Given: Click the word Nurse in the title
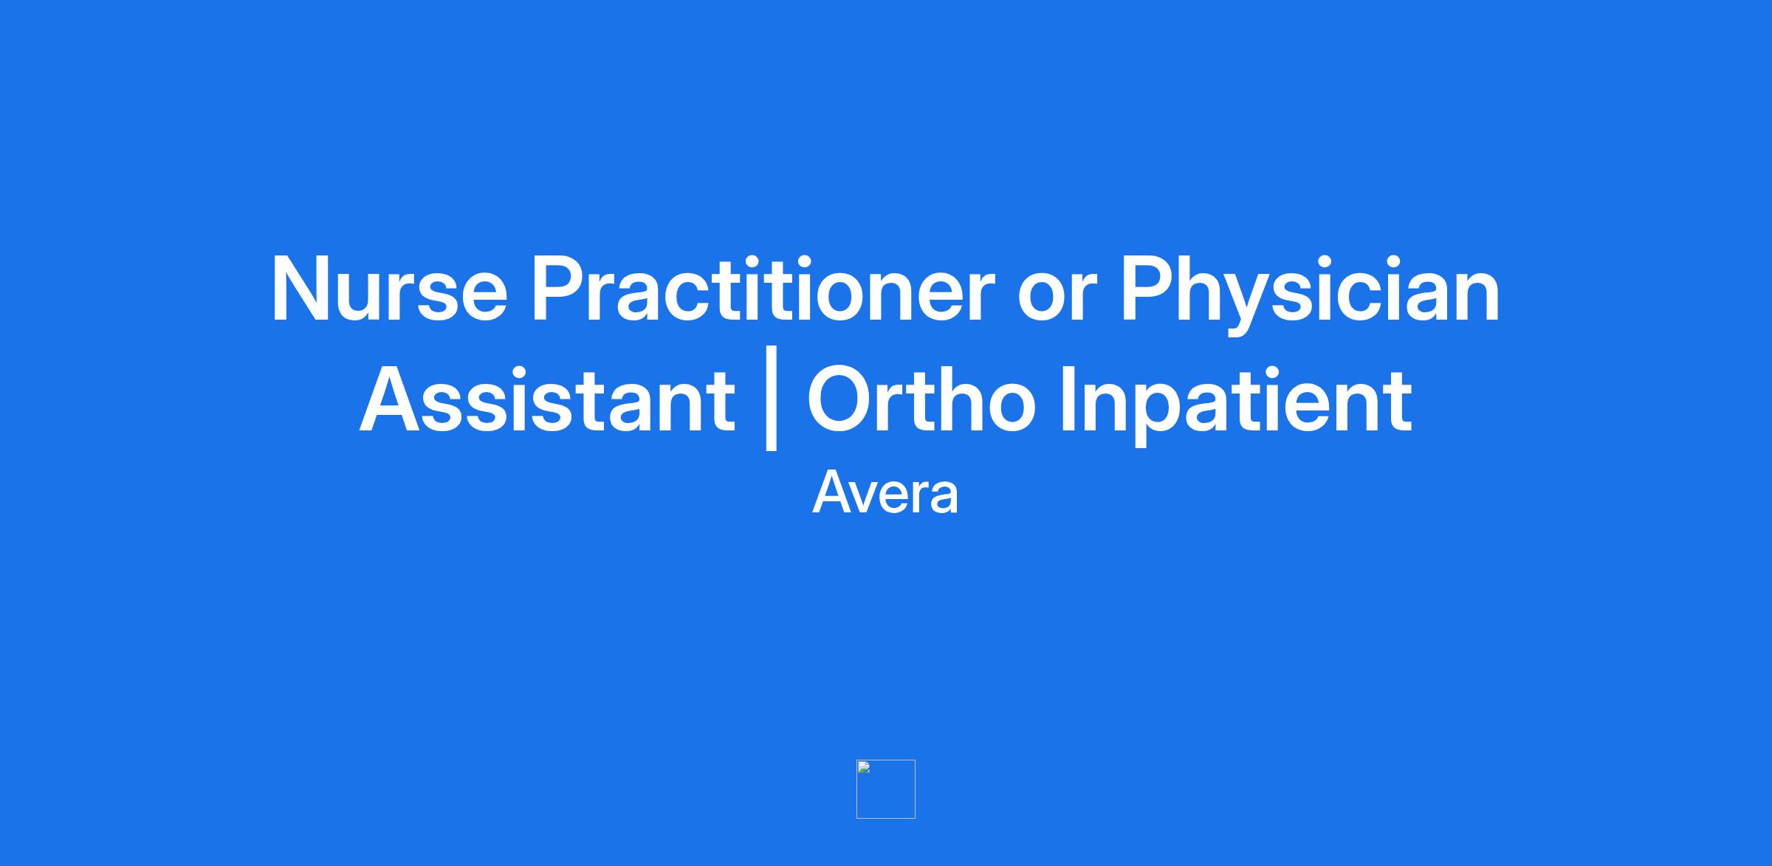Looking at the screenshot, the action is (x=390, y=289).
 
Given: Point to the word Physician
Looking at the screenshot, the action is (x=1310, y=294).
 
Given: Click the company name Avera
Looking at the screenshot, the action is (x=885, y=492).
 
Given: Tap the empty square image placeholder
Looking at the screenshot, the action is (x=886, y=789).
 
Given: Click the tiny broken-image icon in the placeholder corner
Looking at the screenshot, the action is (x=864, y=767).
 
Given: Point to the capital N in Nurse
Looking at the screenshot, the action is (x=301, y=289).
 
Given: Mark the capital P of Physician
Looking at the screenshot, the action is (x=1150, y=289).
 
